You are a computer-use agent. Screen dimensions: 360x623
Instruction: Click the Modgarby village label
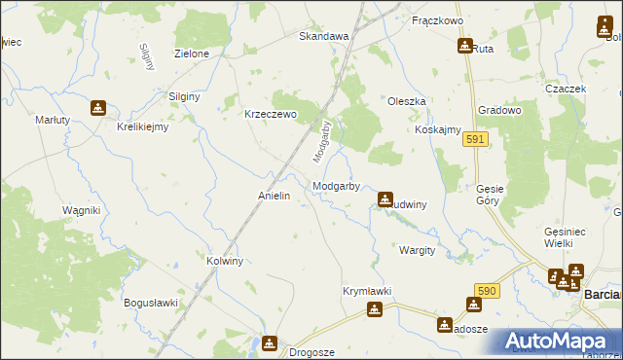337,185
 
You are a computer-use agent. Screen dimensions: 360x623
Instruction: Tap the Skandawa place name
323,36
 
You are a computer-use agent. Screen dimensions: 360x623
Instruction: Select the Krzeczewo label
270,113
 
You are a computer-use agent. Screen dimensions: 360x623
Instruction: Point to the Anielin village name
274,196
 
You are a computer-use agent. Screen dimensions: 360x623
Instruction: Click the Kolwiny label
231,261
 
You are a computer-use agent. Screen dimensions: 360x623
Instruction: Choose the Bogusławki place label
151,303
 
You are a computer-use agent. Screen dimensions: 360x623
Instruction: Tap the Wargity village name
417,250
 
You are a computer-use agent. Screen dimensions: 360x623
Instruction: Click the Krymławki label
367,291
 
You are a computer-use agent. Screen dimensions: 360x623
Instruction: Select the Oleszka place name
407,100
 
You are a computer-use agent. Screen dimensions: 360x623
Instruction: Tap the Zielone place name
192,54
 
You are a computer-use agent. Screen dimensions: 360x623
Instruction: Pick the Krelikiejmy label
143,126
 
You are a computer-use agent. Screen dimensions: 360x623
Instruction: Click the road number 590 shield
488,291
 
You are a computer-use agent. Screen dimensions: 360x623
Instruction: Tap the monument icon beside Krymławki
375,309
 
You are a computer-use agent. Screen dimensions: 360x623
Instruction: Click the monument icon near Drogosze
269,342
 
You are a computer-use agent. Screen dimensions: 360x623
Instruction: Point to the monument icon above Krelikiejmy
98,108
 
